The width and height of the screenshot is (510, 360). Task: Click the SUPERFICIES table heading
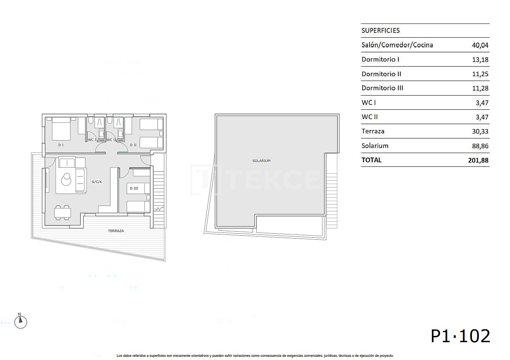pyautogui.click(x=380, y=30)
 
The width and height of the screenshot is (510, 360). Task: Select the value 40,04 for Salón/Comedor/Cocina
pyautogui.click(x=480, y=45)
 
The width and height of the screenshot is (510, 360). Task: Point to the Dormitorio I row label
pyautogui.click(x=380, y=60)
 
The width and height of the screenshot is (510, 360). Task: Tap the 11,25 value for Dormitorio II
pyautogui.click(x=480, y=74)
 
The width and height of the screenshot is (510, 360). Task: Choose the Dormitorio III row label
pyautogui.click(x=382, y=88)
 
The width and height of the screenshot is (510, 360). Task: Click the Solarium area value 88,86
pyautogui.click(x=480, y=146)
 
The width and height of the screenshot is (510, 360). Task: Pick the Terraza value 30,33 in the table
pyautogui.click(x=480, y=132)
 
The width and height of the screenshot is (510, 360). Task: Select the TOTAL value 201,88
pyautogui.click(x=478, y=160)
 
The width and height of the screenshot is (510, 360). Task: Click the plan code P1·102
pyautogui.click(x=460, y=336)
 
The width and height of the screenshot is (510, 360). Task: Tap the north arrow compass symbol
pyautogui.click(x=21, y=322)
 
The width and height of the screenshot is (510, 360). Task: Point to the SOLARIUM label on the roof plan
pyautogui.click(x=261, y=161)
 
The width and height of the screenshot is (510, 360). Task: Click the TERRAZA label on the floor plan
pyautogui.click(x=116, y=231)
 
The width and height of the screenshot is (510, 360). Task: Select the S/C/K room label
pyautogui.click(x=97, y=182)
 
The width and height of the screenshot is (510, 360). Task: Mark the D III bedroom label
pyautogui.click(x=134, y=188)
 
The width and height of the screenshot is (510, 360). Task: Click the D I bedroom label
pyautogui.click(x=61, y=145)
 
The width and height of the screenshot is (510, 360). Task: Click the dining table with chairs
pyautogui.click(x=63, y=212)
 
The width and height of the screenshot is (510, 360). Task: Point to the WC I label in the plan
pyautogui.click(x=92, y=140)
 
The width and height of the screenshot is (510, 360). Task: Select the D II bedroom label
pyautogui.click(x=133, y=145)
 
